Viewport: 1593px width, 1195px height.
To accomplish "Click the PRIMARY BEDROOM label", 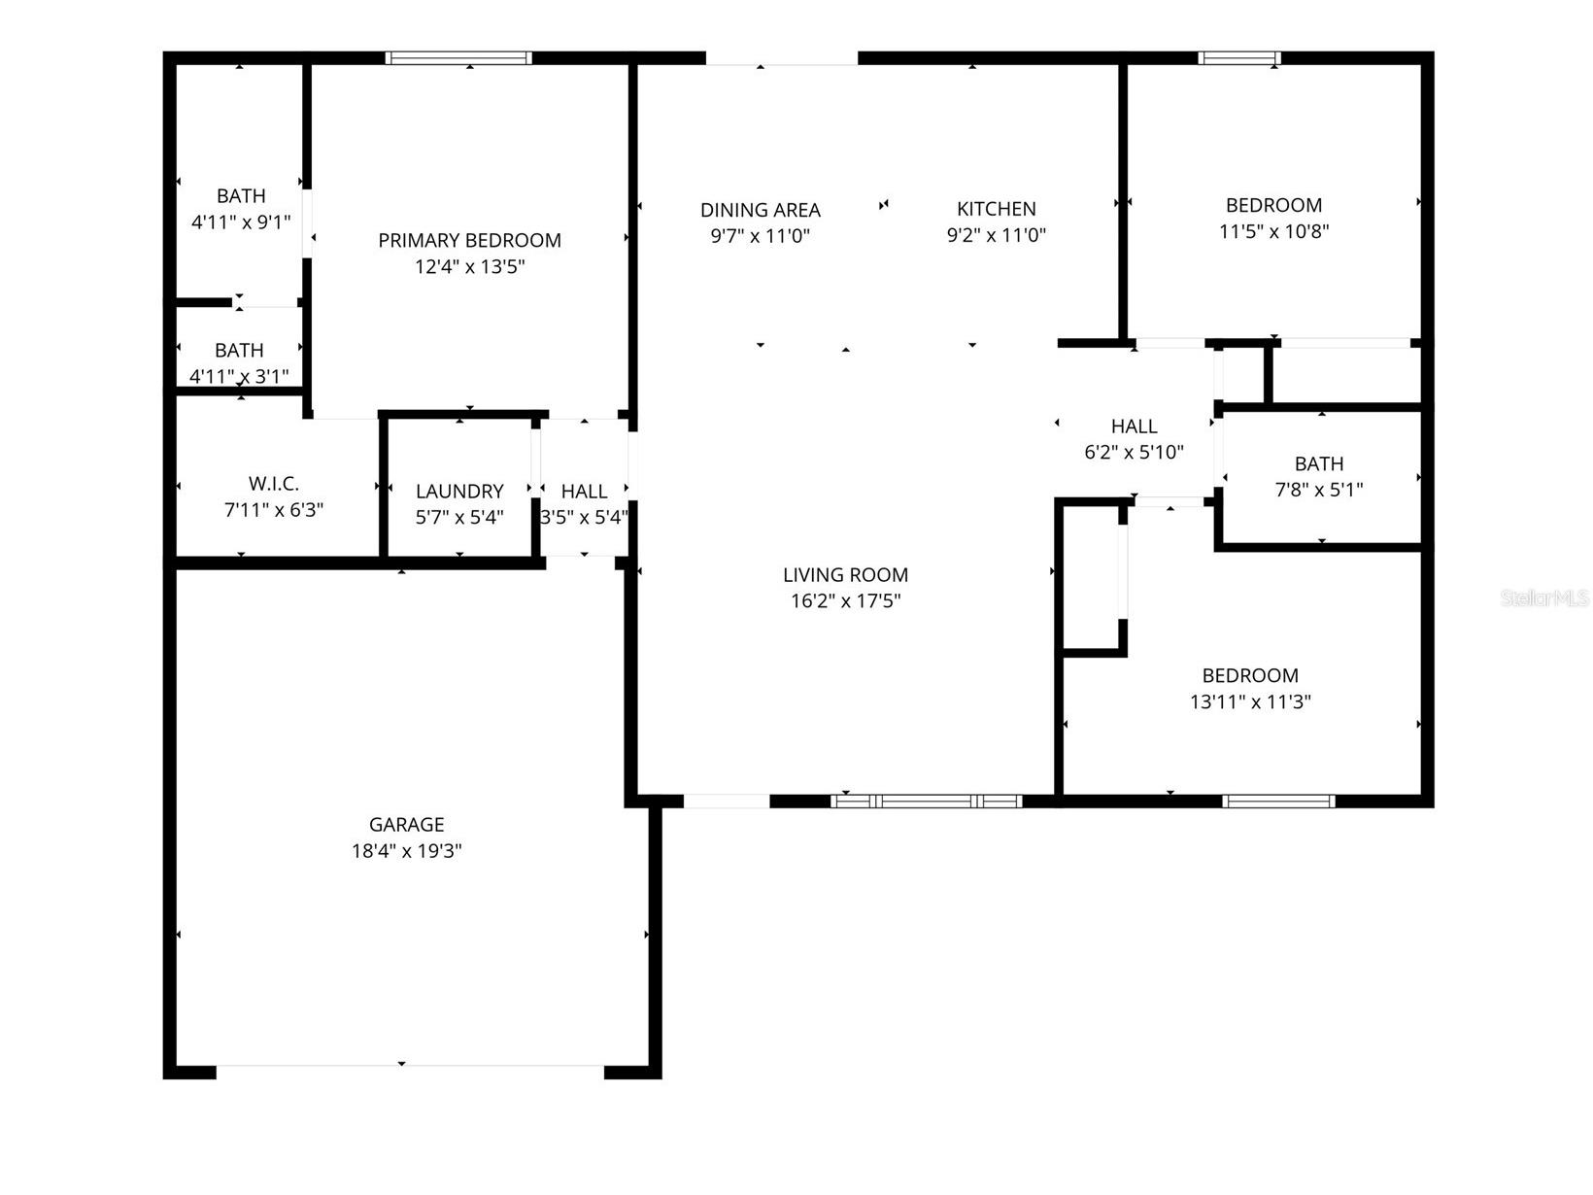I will click(x=469, y=240).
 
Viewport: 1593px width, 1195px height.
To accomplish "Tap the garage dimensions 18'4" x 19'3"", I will click(x=406, y=851).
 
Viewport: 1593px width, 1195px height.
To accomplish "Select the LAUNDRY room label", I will click(x=459, y=492).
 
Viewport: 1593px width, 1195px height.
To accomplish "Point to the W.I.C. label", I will click(x=274, y=484).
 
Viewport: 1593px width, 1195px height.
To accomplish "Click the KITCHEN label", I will click(x=996, y=209).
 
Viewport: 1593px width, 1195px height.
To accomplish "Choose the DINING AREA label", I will click(x=760, y=210).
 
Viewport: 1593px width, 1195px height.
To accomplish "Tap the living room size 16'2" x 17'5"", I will click(x=845, y=601).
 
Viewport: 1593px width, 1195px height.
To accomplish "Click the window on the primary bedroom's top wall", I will click(x=458, y=58).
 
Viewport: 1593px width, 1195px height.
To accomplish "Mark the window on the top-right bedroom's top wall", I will click(x=1238, y=58).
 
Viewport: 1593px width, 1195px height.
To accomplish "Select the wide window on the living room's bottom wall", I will click(x=927, y=802).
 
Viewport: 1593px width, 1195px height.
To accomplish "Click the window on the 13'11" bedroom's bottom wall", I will click(x=1277, y=802).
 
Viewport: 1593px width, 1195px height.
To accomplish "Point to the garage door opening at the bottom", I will click(x=408, y=1071).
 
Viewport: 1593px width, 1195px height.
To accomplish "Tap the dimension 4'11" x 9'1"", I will click(x=241, y=222).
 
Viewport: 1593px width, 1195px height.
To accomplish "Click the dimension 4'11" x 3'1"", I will click(x=239, y=376).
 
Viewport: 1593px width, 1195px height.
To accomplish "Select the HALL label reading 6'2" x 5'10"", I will click(x=1134, y=427).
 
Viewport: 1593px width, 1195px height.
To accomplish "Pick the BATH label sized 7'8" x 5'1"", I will click(x=1318, y=463).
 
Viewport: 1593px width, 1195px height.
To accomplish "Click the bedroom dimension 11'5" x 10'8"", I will click(x=1273, y=231).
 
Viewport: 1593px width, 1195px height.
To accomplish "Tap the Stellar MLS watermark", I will click(x=1544, y=598).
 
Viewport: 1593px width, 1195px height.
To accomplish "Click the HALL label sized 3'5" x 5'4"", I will click(x=584, y=492).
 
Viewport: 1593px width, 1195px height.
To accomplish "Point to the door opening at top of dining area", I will click(x=781, y=59).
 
